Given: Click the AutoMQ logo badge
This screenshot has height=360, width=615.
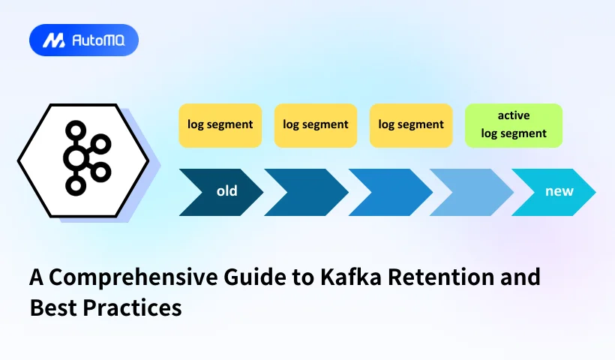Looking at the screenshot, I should (83, 40).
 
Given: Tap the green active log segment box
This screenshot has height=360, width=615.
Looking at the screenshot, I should (513, 125).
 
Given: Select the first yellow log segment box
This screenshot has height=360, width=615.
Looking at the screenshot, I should (220, 125).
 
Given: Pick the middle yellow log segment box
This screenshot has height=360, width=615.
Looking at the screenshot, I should (315, 125).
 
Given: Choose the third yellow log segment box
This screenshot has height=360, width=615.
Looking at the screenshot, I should (411, 125).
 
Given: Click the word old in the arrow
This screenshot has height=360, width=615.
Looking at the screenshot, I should (226, 191).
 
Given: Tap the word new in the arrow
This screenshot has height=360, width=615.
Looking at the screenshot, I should (559, 191).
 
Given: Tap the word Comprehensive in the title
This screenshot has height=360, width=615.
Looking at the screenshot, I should (124, 278).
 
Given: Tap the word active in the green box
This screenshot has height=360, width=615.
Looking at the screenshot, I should (513, 115).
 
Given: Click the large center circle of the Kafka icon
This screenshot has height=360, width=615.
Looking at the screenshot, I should (76, 157).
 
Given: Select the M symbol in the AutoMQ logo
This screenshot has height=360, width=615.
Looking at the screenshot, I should (52, 40).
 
